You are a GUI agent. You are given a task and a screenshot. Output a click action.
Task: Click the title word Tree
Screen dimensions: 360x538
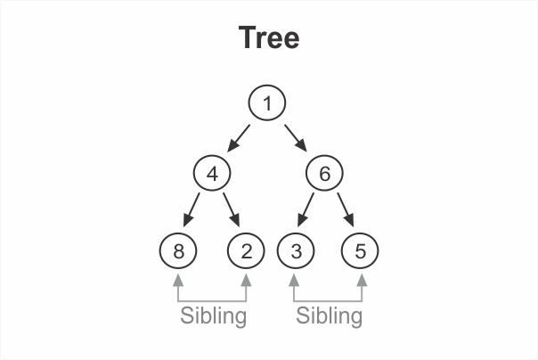269,38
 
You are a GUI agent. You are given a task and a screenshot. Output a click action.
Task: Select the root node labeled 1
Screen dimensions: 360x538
266,103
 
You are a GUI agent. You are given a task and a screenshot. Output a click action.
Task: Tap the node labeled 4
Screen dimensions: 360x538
212,174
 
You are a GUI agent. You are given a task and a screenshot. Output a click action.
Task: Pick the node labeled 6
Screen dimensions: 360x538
324,174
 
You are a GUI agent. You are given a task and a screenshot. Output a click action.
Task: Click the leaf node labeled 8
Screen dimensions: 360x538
179,250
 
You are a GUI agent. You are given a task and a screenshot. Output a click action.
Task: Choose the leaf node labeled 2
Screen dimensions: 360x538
246,250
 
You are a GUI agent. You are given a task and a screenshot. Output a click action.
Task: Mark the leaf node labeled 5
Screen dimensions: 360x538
360,250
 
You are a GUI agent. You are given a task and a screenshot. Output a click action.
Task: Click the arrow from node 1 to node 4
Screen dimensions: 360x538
239,137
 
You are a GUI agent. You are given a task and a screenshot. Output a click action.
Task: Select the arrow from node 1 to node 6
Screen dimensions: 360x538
296,137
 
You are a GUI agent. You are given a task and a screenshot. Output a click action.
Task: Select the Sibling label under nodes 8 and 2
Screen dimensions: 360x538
213,315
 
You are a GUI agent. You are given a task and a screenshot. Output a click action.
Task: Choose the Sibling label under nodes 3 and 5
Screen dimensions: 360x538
329,315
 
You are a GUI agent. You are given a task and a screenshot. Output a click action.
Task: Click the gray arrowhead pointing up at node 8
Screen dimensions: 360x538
179,279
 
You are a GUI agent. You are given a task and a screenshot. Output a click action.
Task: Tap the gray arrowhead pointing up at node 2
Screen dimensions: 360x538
246,279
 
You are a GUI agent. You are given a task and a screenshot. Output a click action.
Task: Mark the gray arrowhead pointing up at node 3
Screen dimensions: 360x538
294,279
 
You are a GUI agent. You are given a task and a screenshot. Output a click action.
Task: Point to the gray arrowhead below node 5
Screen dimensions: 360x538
361,279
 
